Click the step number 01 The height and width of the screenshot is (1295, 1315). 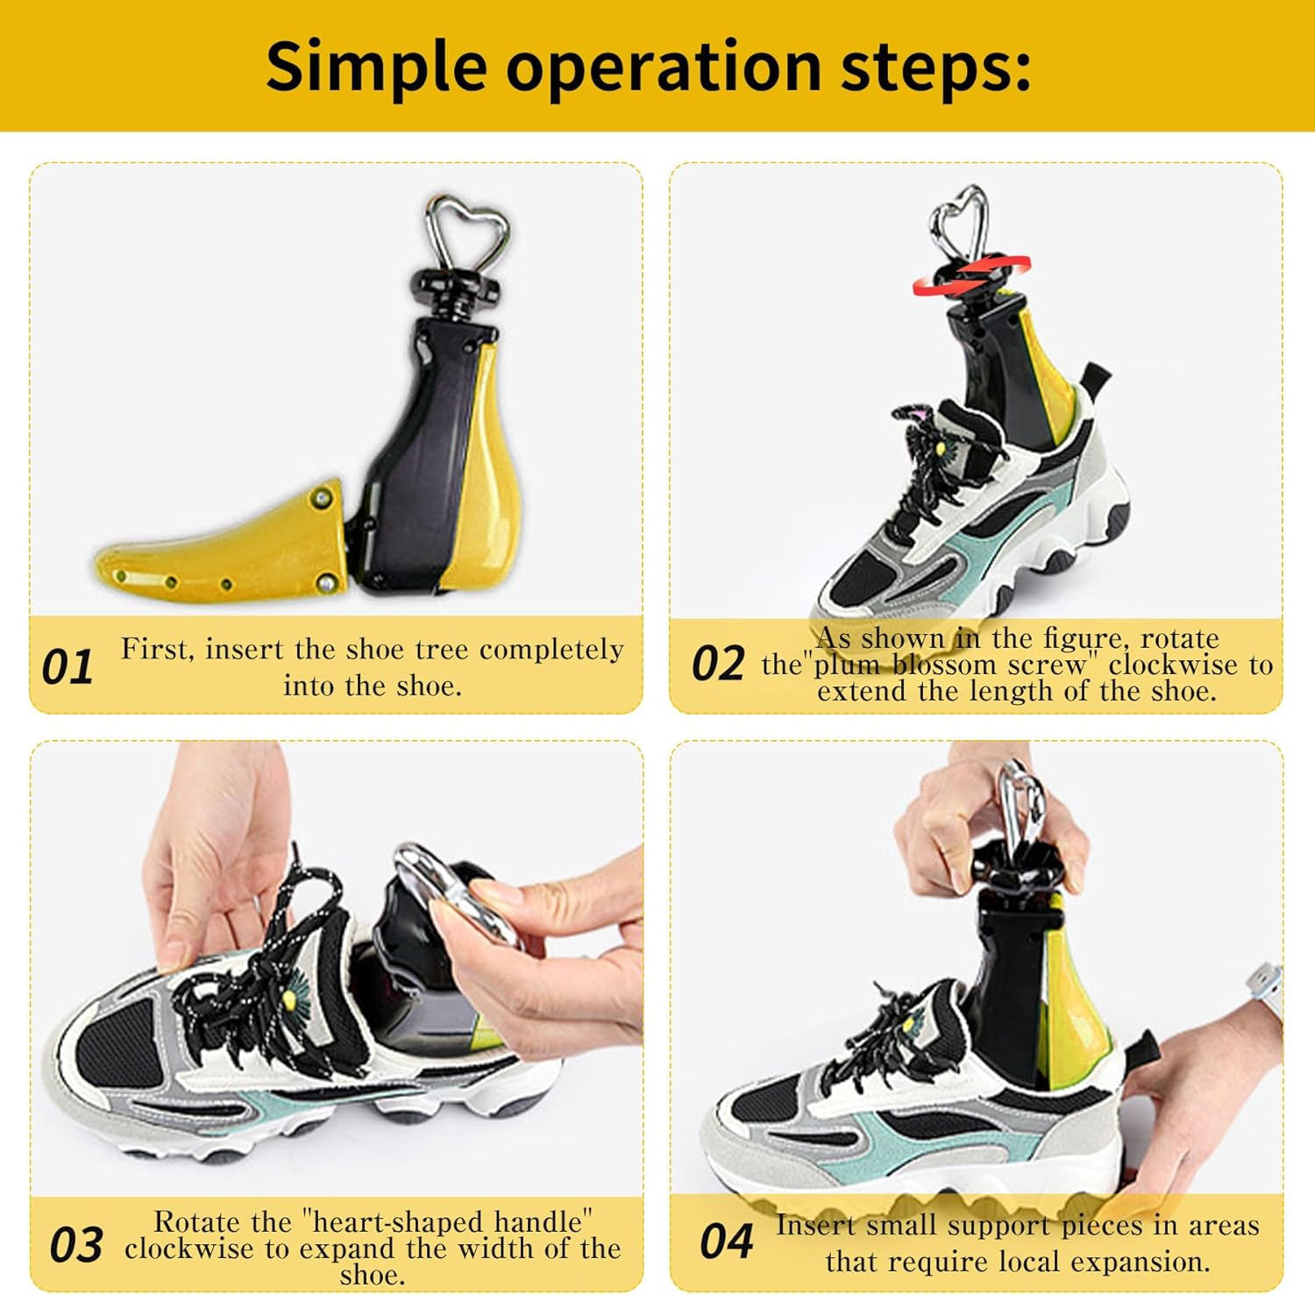pyautogui.click(x=67, y=667)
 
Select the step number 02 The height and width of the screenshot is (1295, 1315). pyautogui.click(x=717, y=664)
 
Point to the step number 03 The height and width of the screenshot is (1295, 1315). pyautogui.click(x=75, y=1245)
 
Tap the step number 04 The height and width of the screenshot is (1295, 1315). pyautogui.click(x=726, y=1242)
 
